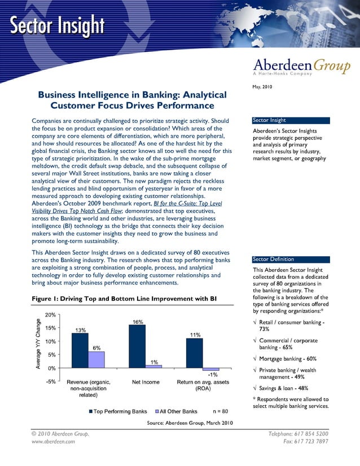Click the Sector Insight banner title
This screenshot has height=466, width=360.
tap(56, 25)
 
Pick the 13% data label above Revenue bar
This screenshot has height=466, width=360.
tap(81, 330)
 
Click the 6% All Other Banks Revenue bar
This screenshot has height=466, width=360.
tap(96, 360)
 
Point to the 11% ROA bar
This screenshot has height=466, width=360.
tap(195, 353)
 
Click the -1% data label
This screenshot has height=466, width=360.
tap(213, 375)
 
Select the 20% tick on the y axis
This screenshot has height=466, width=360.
tap(50, 315)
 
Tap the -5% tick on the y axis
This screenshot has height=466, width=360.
tap(50, 382)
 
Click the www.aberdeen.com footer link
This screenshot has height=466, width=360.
tap(53, 442)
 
